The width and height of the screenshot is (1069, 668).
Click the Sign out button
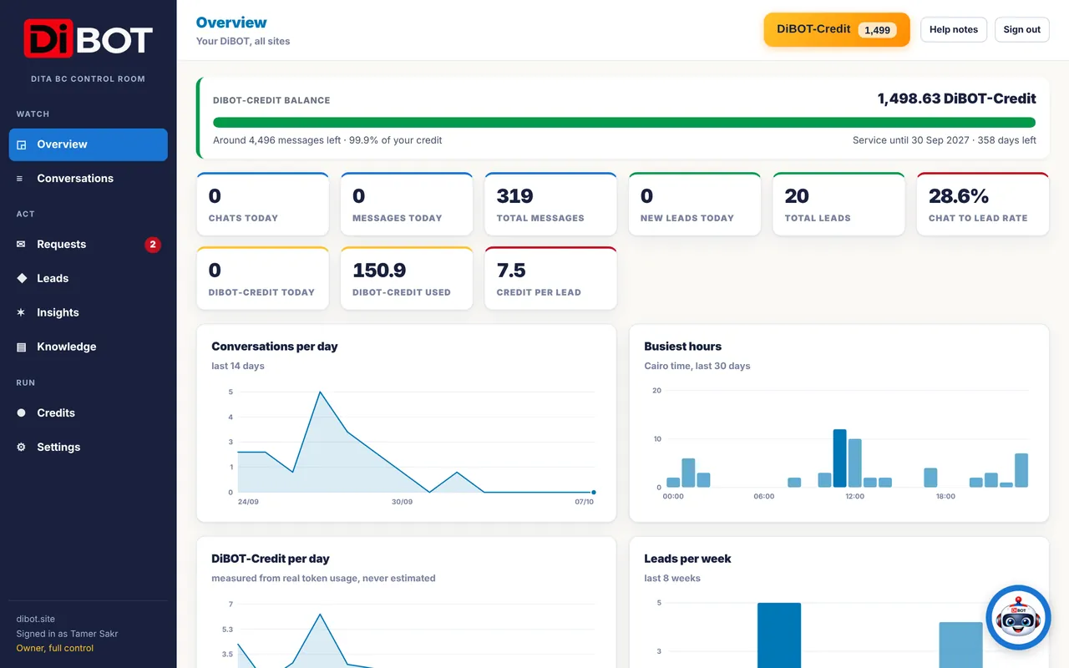coord(1021,29)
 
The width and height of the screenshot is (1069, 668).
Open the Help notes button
coord(954,29)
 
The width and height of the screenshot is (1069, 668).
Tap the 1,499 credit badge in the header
coord(877,30)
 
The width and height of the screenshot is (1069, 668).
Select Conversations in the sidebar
coord(75,179)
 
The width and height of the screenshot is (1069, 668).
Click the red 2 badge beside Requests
coord(153,245)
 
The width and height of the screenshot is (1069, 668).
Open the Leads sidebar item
coord(53,278)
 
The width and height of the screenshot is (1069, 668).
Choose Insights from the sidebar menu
coord(58,312)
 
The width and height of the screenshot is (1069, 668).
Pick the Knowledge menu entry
coord(66,347)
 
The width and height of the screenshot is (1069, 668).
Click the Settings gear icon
coord(21,447)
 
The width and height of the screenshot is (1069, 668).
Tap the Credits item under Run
coord(56,412)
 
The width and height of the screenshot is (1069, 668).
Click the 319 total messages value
coord(514,196)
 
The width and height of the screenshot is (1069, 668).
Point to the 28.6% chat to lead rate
coord(958,196)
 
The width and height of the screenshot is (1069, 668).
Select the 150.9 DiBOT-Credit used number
coord(379,271)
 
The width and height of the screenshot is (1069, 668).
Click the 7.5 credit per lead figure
coord(510,271)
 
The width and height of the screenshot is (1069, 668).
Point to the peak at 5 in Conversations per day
coord(320,392)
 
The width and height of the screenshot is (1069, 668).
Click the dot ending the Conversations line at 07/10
coord(594,492)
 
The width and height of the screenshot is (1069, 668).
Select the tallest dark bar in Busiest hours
coord(840,458)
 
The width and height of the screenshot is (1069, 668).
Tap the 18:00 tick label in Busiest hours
coord(945,496)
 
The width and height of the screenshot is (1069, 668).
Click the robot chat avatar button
coord(1018,617)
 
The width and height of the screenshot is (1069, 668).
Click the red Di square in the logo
coord(48,38)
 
